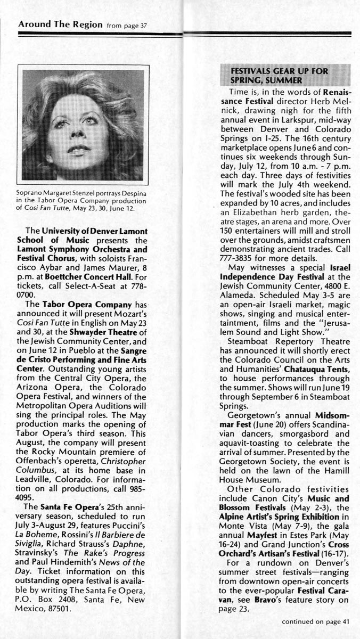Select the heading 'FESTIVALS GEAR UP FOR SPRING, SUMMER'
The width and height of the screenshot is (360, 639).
tap(279, 75)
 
